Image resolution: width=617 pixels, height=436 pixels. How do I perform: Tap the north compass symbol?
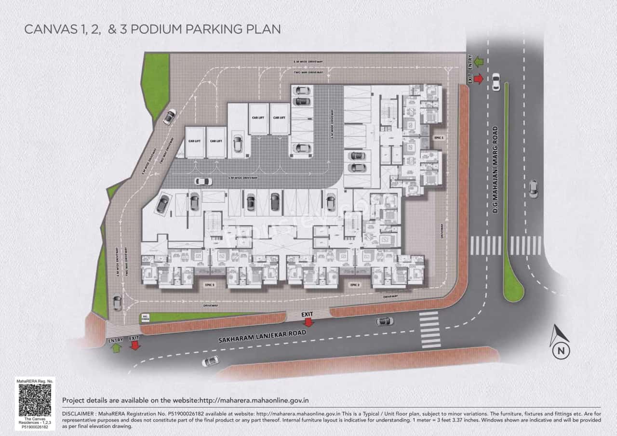coord(560,343)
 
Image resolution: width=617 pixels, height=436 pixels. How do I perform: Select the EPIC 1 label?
coord(439,137)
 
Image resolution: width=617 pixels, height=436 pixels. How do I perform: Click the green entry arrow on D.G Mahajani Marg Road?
coord(478,61)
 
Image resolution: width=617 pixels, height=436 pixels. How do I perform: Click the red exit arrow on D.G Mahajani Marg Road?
coord(478,79)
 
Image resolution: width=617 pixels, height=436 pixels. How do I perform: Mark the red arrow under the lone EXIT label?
coord(308,322)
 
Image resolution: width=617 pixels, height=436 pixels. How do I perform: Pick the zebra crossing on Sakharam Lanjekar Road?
coord(430,330)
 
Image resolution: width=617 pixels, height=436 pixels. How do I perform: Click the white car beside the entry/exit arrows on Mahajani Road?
coord(496,81)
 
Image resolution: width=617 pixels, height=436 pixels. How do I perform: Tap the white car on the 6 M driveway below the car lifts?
coord(203,181)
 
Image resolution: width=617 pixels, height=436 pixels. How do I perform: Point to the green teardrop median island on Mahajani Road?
coord(513,289)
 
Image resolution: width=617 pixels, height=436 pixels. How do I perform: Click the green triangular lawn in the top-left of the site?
coord(155,82)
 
